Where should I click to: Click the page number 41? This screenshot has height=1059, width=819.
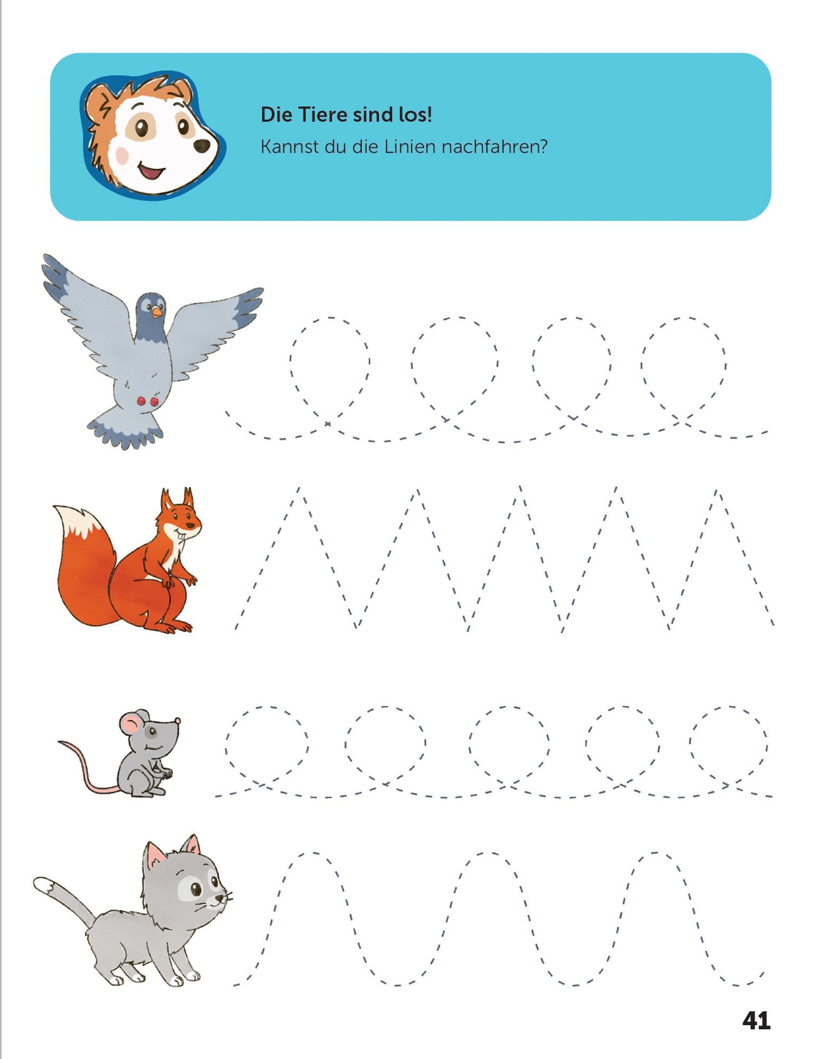pos(757,1020)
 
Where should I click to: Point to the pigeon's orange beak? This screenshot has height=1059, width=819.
pos(157,312)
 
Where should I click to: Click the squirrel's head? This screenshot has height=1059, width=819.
pos(180,516)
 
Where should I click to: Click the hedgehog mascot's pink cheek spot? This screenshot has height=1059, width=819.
pos(123,155)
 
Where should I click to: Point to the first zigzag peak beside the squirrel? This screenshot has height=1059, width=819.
pos(298,488)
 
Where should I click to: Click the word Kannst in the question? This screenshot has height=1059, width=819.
pos(289,147)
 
